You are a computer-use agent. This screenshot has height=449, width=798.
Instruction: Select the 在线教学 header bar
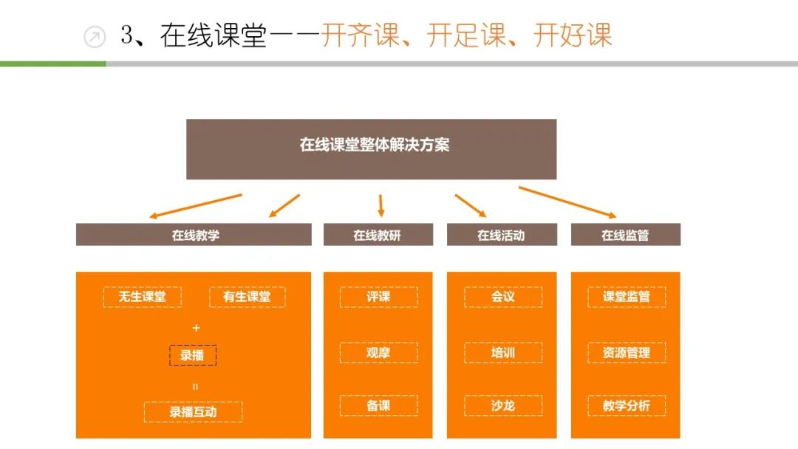(194, 235)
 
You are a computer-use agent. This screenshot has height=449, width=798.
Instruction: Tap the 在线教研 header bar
(378, 235)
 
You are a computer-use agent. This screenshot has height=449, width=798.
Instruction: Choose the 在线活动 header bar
(502, 235)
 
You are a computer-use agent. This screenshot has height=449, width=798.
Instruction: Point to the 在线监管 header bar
(625, 235)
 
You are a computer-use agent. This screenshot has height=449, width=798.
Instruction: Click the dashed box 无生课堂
(142, 297)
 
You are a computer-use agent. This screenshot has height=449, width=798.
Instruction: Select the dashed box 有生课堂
(247, 297)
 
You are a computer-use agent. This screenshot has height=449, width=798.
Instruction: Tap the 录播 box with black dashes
(193, 354)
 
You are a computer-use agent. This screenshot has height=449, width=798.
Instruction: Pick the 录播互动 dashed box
(193, 411)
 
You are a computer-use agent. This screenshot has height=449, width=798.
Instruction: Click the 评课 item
(378, 297)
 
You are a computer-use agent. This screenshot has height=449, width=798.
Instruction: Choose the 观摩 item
(378, 352)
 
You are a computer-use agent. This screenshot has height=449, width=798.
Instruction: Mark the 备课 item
(378, 405)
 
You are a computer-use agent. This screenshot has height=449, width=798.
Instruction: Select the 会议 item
(502, 297)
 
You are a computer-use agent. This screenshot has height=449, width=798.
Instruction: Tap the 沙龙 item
(502, 405)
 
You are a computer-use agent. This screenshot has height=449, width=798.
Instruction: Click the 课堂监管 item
(627, 297)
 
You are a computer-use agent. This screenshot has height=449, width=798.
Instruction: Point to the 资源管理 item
(627, 352)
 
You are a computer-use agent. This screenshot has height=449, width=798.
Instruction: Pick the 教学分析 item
(627, 405)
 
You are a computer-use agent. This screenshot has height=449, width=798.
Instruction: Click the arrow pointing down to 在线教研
(381, 205)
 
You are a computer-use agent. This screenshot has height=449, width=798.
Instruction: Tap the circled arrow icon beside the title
(95, 36)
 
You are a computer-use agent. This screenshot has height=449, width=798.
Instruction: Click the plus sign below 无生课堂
(196, 327)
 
